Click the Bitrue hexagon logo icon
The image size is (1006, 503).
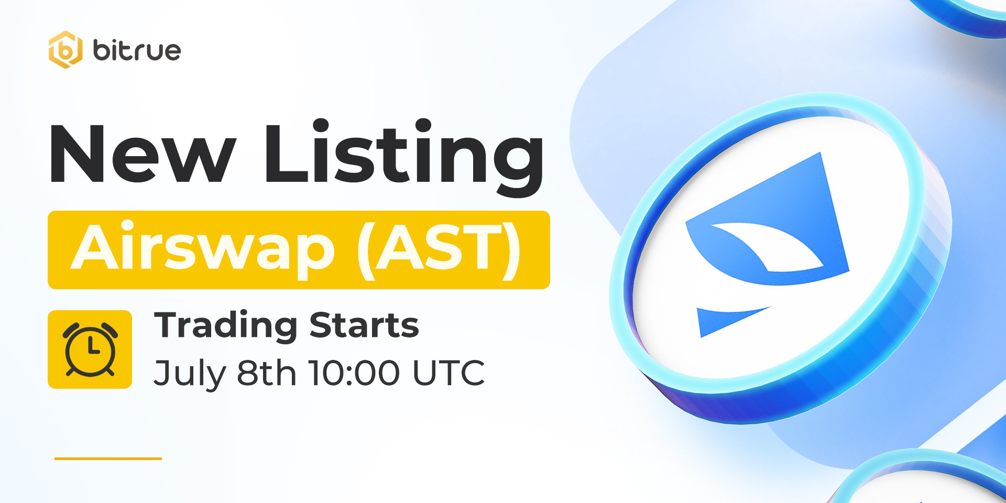click(65, 50)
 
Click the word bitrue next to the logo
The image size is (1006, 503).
click(137, 50)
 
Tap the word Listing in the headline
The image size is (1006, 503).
click(404, 157)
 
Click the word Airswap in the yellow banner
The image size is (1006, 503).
click(203, 248)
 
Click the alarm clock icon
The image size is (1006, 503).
click(90, 349)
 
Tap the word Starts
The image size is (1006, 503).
click(364, 325)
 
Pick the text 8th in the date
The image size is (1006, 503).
click(267, 373)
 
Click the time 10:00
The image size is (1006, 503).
click(354, 373)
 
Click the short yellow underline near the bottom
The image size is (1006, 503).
click(108, 458)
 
